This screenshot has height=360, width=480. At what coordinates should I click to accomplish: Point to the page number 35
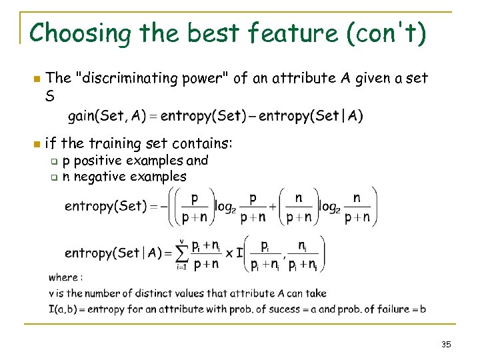point(446,344)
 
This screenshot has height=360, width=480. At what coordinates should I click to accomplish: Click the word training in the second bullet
point(115,143)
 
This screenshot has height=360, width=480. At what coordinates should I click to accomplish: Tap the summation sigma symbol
point(180,254)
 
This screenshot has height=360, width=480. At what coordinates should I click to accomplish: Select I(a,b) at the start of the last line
point(66,309)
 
